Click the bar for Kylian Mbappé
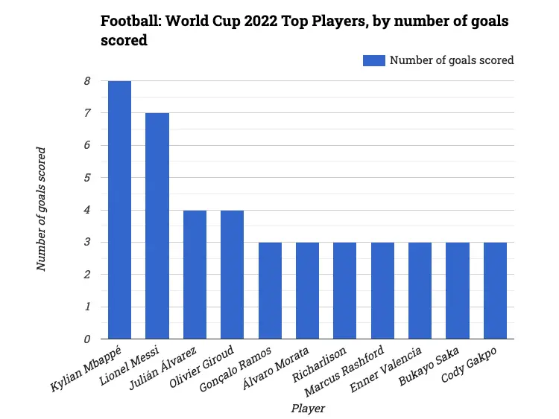point(119,210)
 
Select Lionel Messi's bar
point(157,226)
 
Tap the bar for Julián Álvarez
point(195,275)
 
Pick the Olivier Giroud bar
point(232,275)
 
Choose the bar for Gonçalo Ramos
point(270,290)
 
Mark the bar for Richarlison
point(344,290)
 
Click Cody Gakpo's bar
point(495,290)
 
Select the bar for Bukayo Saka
point(457,290)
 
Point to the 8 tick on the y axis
point(86,81)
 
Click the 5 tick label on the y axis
point(86,178)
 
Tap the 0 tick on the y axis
point(86,339)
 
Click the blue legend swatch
point(373,60)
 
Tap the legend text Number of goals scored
point(452,60)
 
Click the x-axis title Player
point(307,409)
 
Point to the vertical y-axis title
point(42,209)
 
